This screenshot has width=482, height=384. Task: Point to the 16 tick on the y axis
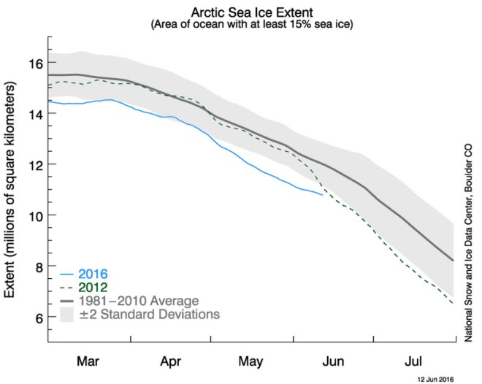coord(34,63)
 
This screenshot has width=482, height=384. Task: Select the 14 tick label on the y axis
coord(34,114)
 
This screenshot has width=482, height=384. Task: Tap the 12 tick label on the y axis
coord(34,165)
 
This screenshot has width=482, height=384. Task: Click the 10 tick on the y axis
coord(34,216)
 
